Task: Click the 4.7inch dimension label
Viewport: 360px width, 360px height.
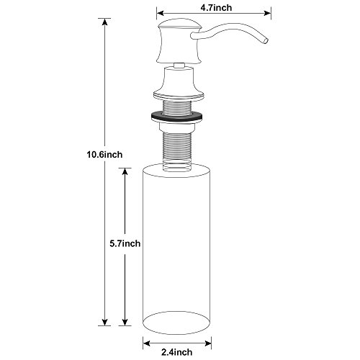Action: click(x=216, y=8)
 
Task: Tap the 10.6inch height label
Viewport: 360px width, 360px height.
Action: click(x=104, y=155)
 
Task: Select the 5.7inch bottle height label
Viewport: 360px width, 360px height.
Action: click(x=125, y=243)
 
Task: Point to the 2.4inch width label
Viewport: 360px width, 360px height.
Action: click(x=177, y=352)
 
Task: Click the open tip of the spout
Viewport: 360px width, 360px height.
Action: click(x=264, y=40)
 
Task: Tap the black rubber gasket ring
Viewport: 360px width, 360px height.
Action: click(x=176, y=116)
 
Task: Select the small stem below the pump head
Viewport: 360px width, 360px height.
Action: click(x=179, y=66)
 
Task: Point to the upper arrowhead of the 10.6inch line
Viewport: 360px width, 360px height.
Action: click(x=104, y=22)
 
